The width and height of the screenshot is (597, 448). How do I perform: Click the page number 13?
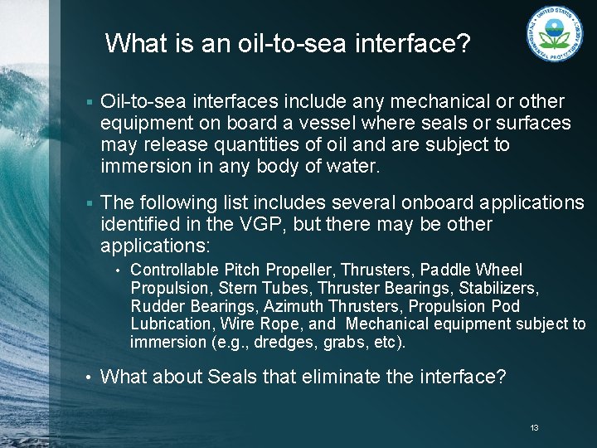point(534,428)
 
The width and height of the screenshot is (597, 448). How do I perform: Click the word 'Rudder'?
point(153,306)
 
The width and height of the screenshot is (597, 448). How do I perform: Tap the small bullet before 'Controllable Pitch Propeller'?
point(119,270)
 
